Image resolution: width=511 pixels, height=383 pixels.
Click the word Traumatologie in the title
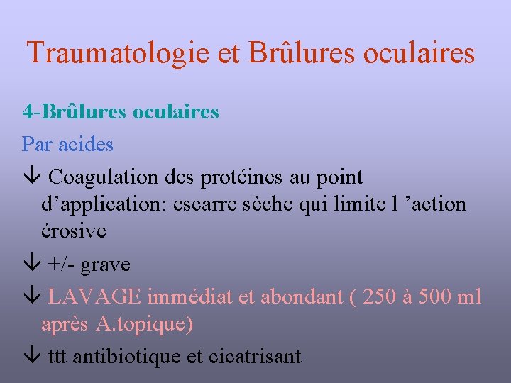pos(114,53)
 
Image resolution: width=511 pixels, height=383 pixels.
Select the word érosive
pos(74,231)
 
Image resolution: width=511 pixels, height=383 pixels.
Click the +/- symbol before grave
pos(61,265)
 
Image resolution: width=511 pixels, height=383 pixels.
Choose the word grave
pos(105,265)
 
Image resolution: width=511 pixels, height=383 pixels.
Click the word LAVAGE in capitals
pos(93,297)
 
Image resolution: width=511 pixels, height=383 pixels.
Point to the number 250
pos(381,297)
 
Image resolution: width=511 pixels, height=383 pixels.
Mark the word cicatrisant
pos(254,356)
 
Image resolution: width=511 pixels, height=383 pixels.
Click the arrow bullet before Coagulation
pos(31,177)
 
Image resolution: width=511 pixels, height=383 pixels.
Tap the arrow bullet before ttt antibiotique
pos(31,356)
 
